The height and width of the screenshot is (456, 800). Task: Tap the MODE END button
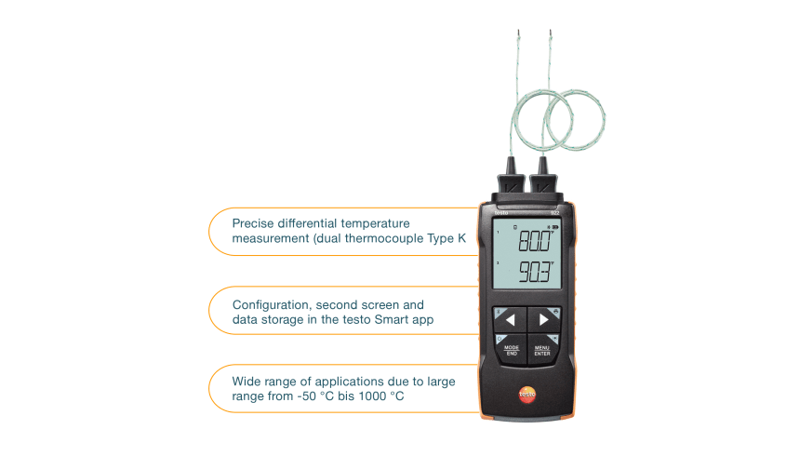click(511, 350)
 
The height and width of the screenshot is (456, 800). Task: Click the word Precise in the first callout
click(252, 223)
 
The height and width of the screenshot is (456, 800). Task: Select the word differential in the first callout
click(315, 223)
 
